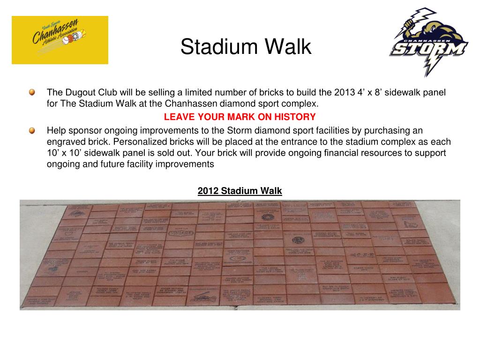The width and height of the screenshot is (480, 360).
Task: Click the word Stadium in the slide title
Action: [218, 47]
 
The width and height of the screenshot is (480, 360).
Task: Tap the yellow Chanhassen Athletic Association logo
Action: [60, 40]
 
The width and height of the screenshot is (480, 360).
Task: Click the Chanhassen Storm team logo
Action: [427, 43]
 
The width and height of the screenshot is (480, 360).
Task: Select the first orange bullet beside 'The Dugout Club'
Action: [31, 92]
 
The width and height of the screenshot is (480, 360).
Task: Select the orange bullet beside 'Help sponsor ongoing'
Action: [31, 130]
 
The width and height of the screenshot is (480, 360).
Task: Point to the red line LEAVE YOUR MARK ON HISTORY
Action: [240, 117]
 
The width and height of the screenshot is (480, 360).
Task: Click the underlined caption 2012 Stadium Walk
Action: [240, 191]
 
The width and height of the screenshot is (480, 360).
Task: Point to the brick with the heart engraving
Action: [69, 233]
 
